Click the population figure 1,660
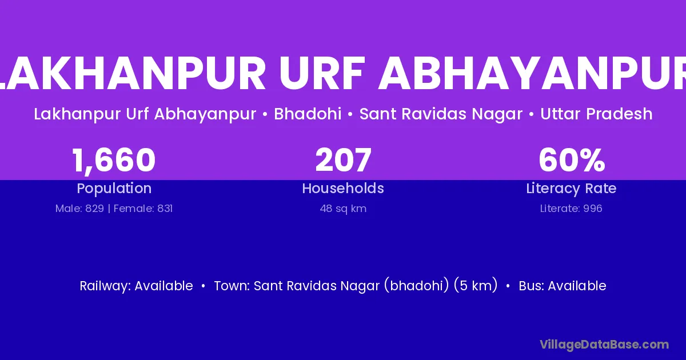pyautogui.click(x=114, y=161)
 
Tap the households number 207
pyautogui.click(x=344, y=160)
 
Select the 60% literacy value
pyautogui.click(x=572, y=160)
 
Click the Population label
pyautogui.click(x=114, y=189)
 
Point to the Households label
pyautogui.click(x=343, y=188)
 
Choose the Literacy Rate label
pyautogui.click(x=571, y=189)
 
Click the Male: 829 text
pyautogui.click(x=79, y=209)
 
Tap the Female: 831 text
pyautogui.click(x=143, y=209)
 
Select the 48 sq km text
pyautogui.click(x=343, y=209)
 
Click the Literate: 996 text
pyautogui.click(x=571, y=209)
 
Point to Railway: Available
pyautogui.click(x=136, y=286)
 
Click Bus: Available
pyautogui.click(x=563, y=286)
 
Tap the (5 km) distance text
pyautogui.click(x=476, y=286)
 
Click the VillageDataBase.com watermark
pyautogui.click(x=604, y=345)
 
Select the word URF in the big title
pyautogui.click(x=322, y=73)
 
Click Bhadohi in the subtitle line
pyautogui.click(x=308, y=114)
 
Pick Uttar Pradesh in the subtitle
pyautogui.click(x=596, y=114)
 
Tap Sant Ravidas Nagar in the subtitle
pyautogui.click(x=441, y=114)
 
